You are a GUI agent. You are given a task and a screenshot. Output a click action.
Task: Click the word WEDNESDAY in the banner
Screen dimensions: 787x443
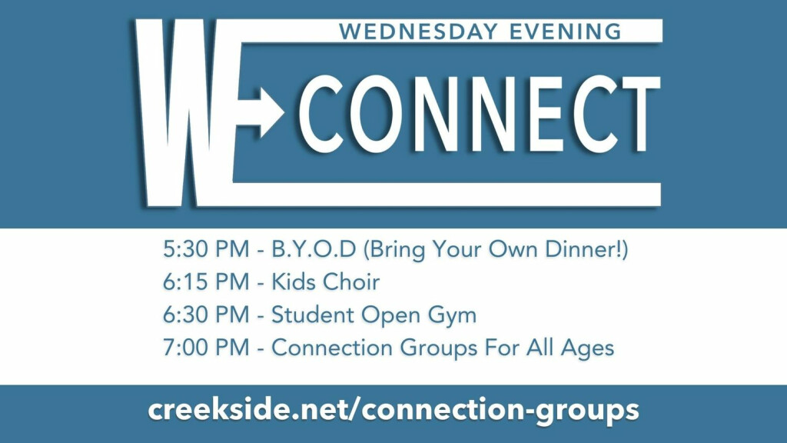pos(418,32)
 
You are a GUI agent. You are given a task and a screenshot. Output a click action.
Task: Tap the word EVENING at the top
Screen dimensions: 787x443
pos(566,32)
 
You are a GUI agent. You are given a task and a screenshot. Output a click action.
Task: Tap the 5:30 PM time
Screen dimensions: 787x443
pos(206,249)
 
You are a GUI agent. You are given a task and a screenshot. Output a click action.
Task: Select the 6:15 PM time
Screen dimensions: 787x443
pos(206,281)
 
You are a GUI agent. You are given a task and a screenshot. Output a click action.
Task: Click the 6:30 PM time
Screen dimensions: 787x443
pos(206,315)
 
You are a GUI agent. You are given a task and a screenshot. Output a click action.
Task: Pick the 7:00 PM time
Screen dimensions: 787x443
pos(206,348)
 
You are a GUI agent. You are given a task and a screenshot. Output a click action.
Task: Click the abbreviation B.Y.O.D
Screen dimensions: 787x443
pos(314,249)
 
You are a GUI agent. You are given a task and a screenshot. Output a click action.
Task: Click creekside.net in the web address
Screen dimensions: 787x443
pos(247,409)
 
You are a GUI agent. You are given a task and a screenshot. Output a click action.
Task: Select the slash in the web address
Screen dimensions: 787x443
pos(354,410)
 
